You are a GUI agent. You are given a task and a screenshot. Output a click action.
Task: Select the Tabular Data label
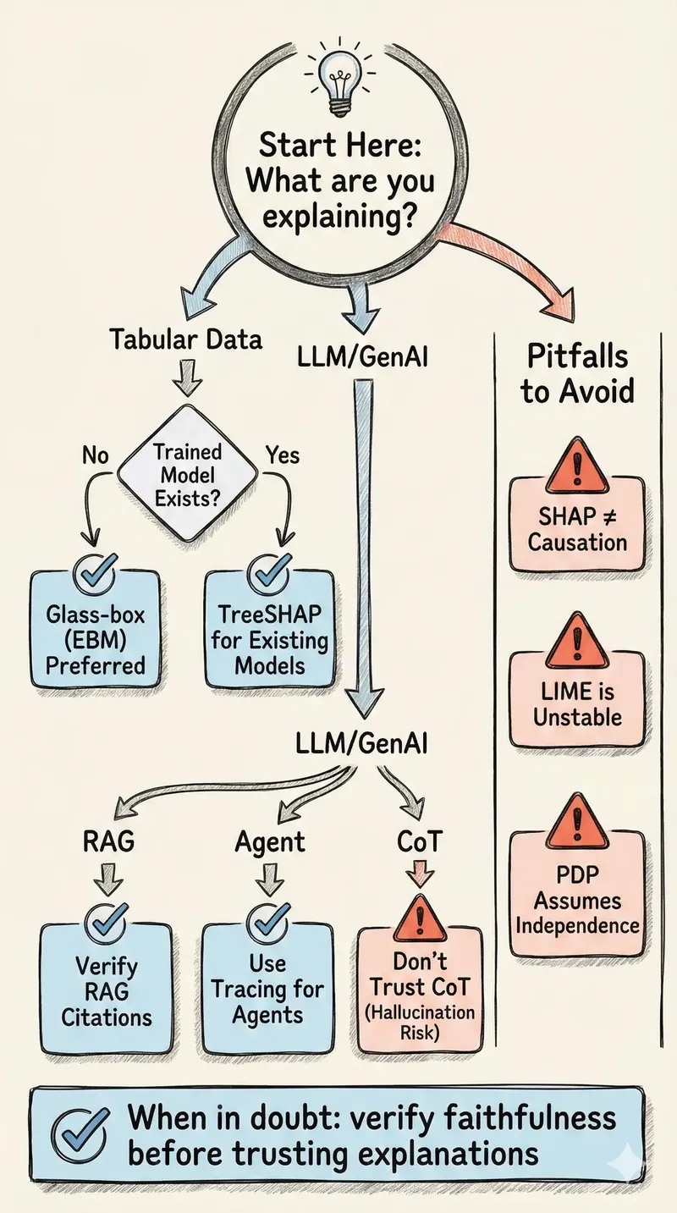click(x=186, y=340)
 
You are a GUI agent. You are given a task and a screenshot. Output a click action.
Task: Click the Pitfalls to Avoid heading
click(x=577, y=374)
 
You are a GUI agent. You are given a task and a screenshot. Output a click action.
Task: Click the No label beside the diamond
click(x=96, y=456)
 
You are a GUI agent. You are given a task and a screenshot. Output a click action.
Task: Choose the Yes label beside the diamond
click(x=282, y=456)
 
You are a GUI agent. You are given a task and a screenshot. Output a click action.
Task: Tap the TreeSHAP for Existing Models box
click(x=270, y=626)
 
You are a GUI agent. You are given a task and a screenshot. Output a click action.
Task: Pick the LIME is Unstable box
click(x=577, y=690)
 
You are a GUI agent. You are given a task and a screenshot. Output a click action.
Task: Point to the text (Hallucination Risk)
click(x=421, y=1023)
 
